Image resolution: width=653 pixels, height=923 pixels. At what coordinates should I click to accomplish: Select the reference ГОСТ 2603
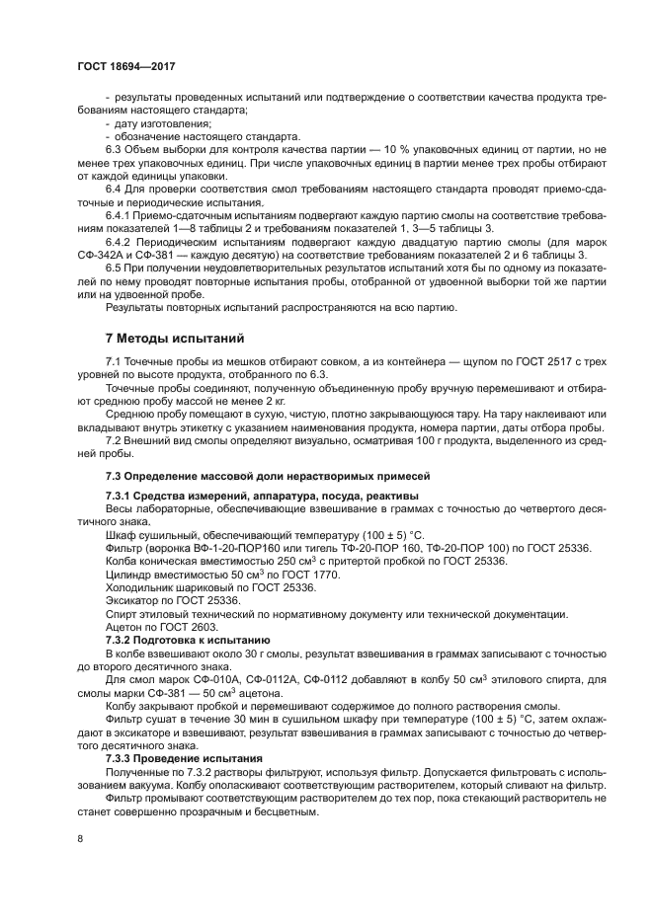click(x=183, y=627)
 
